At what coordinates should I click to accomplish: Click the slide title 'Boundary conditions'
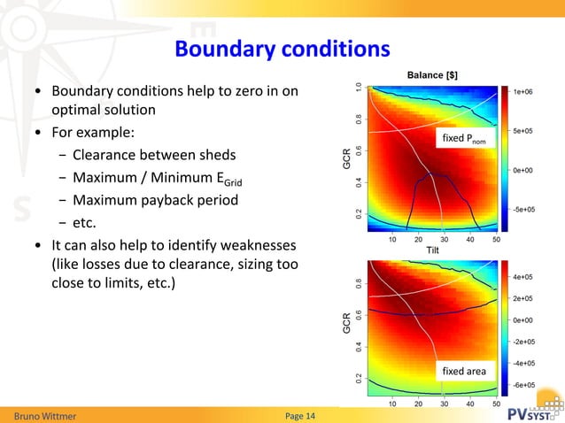282,48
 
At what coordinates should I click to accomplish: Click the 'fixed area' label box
464,372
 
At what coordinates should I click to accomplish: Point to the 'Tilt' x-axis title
432,250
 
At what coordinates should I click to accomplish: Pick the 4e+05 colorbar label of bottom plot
528,277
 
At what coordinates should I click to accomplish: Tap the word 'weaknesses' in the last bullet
261,243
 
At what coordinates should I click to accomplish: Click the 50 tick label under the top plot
496,239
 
